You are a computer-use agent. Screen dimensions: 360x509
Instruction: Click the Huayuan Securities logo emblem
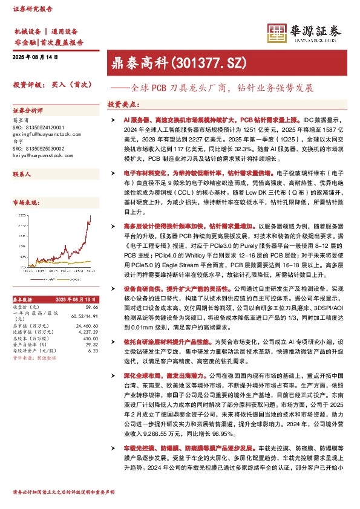[x=276, y=33]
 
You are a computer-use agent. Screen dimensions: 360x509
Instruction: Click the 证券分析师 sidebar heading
[x=28, y=111]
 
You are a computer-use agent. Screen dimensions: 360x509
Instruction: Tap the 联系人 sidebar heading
[x=22, y=173]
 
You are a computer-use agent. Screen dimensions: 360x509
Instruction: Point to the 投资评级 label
[x=28, y=86]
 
